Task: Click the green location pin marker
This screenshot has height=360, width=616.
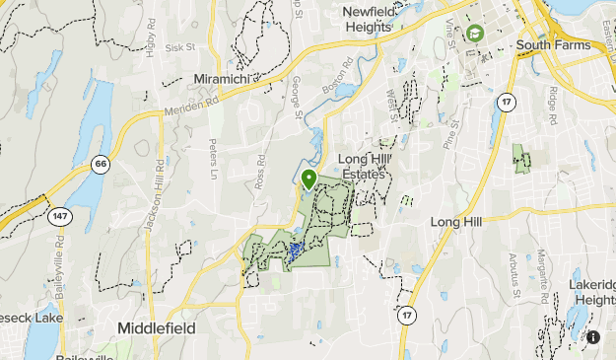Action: pos(308,180)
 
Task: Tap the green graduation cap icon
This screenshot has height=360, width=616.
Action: pos(475,34)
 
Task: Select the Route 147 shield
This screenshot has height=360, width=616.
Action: pos(61,215)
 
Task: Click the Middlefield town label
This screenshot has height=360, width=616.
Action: pos(156,327)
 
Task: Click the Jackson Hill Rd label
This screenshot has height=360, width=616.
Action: pos(155,197)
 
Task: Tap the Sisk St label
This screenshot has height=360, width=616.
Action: pos(181,46)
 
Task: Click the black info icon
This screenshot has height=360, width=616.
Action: pos(593,337)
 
